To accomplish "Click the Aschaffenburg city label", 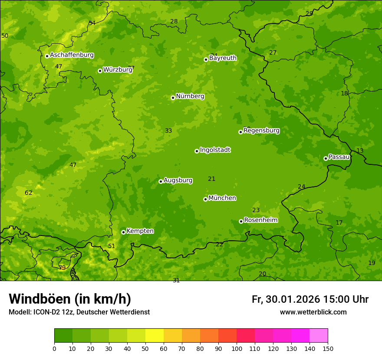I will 72,55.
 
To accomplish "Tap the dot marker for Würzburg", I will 100,71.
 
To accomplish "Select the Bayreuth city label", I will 223,58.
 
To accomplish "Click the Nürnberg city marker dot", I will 173,98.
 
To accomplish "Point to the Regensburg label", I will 261,130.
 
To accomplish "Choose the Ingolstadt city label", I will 215,150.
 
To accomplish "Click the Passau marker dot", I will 326,158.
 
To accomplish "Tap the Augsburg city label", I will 178,180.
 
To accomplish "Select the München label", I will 222,198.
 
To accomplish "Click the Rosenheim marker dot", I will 241,222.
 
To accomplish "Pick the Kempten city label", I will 140,231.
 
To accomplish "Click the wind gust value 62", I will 29,193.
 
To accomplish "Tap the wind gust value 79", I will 62,268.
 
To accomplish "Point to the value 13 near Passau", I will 360,151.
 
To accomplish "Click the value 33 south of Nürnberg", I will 168,131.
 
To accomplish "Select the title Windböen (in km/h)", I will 70,299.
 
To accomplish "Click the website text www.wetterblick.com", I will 313,312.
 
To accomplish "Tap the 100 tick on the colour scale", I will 237,348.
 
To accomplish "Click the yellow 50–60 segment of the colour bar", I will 155,336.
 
